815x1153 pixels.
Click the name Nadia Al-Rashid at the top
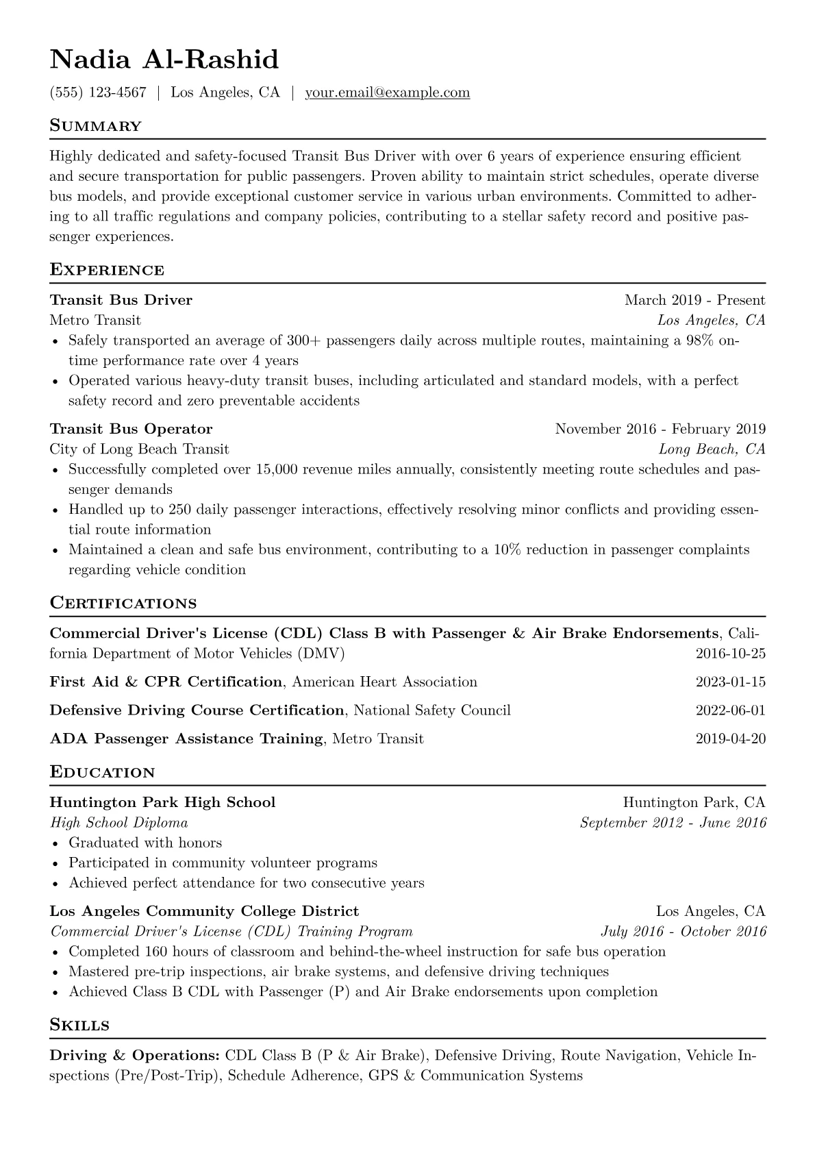coord(164,60)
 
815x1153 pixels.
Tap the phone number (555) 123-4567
coord(98,92)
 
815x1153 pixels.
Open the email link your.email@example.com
coord(387,92)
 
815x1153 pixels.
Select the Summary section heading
coord(95,126)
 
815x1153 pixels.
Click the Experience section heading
coord(107,270)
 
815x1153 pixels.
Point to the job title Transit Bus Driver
coord(121,300)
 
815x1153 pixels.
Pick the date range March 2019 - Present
coord(694,300)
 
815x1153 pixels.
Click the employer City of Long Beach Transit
coord(139,449)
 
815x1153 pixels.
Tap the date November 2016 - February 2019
coord(660,430)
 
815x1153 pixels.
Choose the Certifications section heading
coord(123,604)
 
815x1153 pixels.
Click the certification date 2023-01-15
coord(730,682)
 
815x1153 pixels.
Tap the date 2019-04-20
coord(730,739)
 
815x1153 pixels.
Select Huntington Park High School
coord(162,802)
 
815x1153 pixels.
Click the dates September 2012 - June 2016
coord(673,823)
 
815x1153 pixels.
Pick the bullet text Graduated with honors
coord(145,843)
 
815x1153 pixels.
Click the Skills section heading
coord(79,1026)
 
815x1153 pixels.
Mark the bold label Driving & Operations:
coord(134,1056)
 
